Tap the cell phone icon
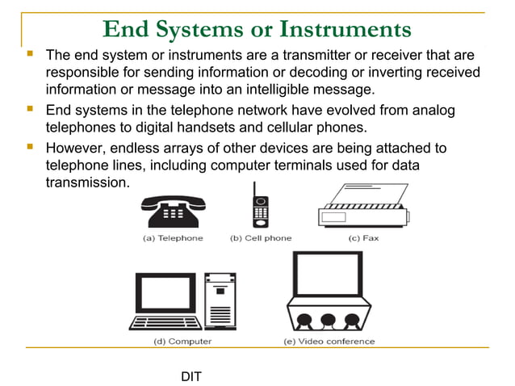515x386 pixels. pyautogui.click(x=260, y=206)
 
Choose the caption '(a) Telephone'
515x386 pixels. pyautogui.click(x=173, y=238)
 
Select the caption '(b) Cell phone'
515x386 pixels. pyautogui.click(x=261, y=238)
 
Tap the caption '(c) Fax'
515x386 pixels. pyautogui.click(x=365, y=238)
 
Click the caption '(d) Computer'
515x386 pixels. pyautogui.click(x=182, y=341)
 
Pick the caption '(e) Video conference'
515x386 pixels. pyautogui.click(x=329, y=341)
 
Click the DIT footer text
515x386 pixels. pyautogui.click(x=191, y=376)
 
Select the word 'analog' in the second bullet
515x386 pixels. pyautogui.click(x=435, y=109)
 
